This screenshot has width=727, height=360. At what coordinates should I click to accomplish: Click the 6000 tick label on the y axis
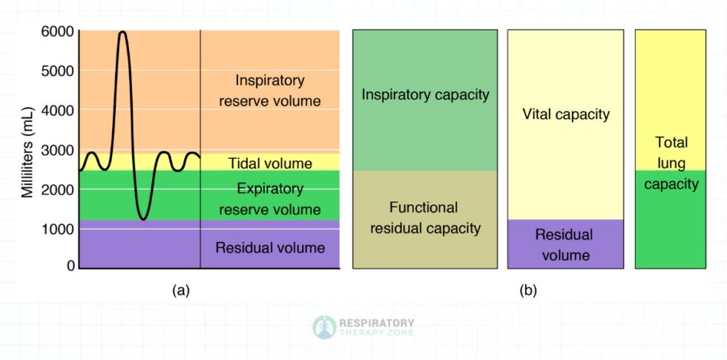pyautogui.click(x=57, y=32)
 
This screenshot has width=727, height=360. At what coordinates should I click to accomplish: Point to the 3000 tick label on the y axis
pyautogui.click(x=57, y=150)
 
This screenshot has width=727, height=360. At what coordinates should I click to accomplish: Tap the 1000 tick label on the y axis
pyautogui.click(x=57, y=229)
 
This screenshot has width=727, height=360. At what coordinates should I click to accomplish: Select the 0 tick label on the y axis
pyautogui.click(x=70, y=265)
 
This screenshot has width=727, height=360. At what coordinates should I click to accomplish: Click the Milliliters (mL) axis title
pyautogui.click(x=27, y=149)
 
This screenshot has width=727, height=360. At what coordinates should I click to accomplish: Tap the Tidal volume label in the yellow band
pyautogui.click(x=270, y=163)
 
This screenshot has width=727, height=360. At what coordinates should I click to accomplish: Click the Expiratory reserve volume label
pyautogui.click(x=270, y=200)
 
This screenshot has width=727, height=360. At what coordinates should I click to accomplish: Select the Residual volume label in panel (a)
pyautogui.click(x=270, y=247)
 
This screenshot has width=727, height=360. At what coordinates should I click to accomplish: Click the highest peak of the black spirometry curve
pyautogui.click(x=122, y=33)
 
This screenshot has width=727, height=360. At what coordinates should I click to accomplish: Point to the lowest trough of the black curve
pyautogui.click(x=143, y=218)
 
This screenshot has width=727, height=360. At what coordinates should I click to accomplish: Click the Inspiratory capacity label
pyautogui.click(x=425, y=95)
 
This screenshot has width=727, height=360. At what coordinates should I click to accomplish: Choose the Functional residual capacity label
pyautogui.click(x=424, y=218)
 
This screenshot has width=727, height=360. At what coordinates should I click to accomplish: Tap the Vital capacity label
pyautogui.click(x=565, y=114)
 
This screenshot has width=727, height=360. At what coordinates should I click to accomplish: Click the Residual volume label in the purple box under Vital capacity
pyautogui.click(x=565, y=245)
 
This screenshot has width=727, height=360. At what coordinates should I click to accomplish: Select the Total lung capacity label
pyautogui.click(x=671, y=163)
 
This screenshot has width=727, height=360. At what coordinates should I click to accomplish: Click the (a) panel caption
pyautogui.click(x=181, y=291)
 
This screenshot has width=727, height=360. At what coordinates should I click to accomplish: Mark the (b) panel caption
pyautogui.click(x=527, y=291)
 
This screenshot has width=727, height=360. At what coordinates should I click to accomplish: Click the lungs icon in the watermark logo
pyautogui.click(x=323, y=327)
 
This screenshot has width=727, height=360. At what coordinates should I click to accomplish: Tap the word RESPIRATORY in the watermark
pyautogui.click(x=377, y=323)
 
